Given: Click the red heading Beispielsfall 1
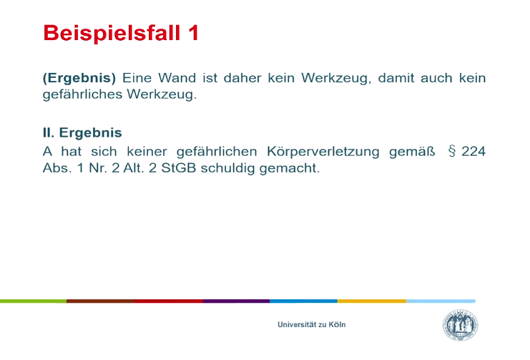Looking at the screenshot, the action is [120, 33].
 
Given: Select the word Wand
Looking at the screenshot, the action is [177, 78].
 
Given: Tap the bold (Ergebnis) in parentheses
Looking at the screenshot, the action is [79, 79].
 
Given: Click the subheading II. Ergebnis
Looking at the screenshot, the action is [82, 132].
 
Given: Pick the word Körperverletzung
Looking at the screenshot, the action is [323, 152].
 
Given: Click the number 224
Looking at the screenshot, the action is [473, 151].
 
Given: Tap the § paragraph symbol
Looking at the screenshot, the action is [451, 151].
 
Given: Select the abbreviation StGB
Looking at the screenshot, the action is [179, 168].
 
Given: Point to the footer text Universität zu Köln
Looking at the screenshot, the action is [312, 324].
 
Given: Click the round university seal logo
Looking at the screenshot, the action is [461, 325].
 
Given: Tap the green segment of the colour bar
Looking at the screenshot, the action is [33, 301].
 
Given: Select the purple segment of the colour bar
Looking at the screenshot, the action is [236, 301].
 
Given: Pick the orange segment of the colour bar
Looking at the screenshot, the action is [371, 301].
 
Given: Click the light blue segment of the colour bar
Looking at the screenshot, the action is [441, 301].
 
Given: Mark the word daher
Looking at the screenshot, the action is [242, 78].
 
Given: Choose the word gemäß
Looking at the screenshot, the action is [412, 152].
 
